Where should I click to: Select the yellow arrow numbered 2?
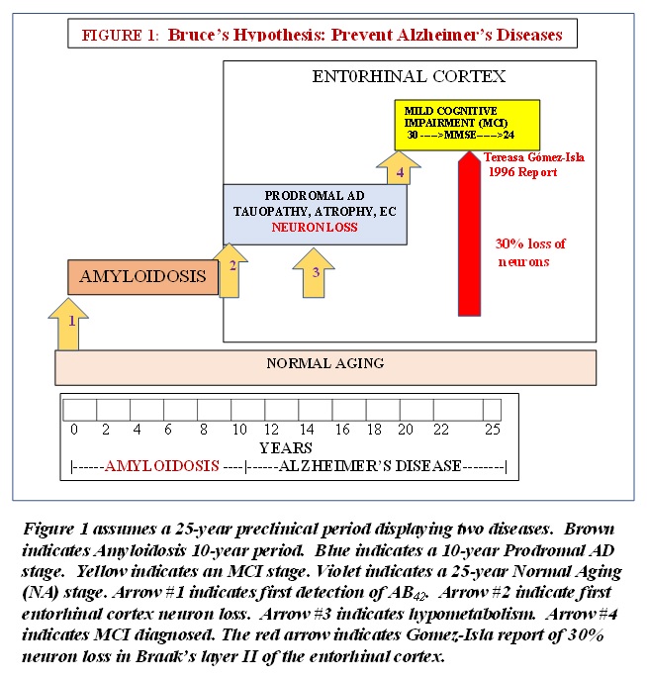(231, 269)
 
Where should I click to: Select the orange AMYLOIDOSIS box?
(143, 276)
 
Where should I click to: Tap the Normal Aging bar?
(325, 364)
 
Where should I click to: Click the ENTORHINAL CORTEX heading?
(409, 75)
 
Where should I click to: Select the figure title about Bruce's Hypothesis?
(322, 35)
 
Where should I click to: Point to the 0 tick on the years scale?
(73, 430)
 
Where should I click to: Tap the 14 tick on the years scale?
(307, 430)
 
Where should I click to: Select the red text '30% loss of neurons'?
(529, 252)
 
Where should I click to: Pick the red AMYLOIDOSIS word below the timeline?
(162, 465)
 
